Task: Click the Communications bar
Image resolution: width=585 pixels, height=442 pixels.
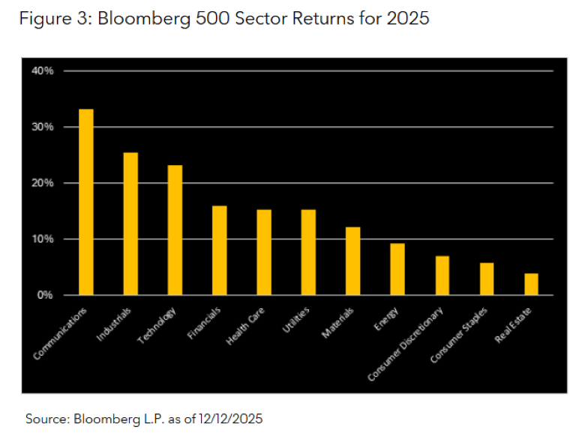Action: coord(86,202)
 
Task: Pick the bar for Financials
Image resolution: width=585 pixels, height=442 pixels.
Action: coord(219,251)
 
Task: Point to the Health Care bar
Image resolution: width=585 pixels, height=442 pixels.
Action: coord(264,252)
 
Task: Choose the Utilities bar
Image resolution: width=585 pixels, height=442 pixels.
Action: coord(308,252)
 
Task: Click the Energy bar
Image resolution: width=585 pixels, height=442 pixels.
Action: coord(397,269)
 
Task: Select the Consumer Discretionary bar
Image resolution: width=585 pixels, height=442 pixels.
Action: coord(442,275)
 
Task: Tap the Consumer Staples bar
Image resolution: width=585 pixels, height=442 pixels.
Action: coord(486,278)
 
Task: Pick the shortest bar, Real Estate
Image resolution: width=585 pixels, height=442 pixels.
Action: coord(531,284)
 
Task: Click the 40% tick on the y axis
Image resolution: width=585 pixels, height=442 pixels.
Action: coord(43,71)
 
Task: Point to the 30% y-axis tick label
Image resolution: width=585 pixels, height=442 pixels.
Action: coord(43,127)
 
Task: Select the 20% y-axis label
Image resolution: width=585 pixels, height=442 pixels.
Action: coord(43,183)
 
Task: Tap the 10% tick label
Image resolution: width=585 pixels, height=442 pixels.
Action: coord(43,239)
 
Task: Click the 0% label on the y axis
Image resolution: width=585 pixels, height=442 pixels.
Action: coord(45,295)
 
